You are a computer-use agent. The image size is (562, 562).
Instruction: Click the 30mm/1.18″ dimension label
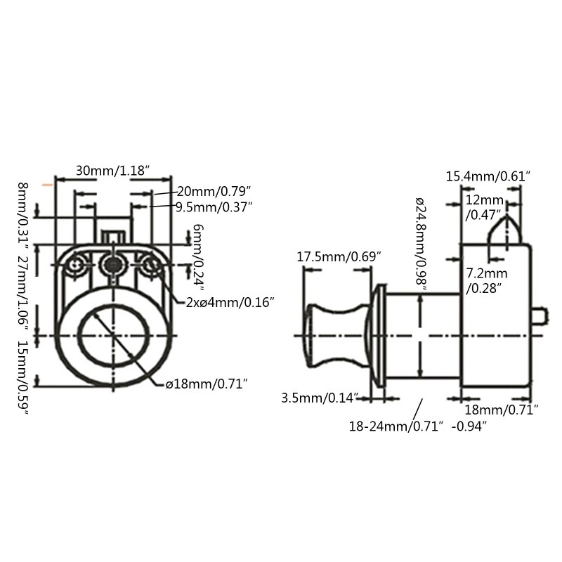[113, 171]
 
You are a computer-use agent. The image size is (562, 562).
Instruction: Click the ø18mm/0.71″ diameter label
[206, 383]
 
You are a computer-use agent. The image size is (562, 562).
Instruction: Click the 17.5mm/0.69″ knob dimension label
[339, 257]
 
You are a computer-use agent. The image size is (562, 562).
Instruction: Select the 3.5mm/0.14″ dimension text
[320, 398]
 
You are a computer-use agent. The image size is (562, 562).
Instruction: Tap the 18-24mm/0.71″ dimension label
[397, 426]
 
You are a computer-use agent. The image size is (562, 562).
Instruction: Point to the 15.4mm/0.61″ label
[488, 176]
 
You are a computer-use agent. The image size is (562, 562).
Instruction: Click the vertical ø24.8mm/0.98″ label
[420, 243]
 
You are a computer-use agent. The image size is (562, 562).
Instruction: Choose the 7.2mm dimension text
[487, 273]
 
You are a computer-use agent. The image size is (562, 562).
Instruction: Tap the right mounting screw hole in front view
[150, 266]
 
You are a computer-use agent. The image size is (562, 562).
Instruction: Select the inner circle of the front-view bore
[112, 336]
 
